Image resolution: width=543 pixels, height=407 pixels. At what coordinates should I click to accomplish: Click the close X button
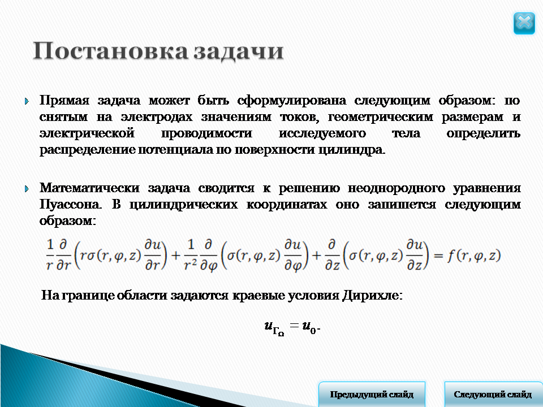tap(524, 23)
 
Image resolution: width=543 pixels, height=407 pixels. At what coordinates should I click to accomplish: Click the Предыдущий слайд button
tap(372, 394)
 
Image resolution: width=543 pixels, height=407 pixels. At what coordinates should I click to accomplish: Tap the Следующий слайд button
tap(493, 394)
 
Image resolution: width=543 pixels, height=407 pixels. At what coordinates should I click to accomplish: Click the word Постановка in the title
tap(110, 51)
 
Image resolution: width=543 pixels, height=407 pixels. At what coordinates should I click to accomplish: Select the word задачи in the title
tap(239, 51)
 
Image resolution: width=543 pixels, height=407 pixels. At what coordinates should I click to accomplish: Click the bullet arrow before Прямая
tap(27, 101)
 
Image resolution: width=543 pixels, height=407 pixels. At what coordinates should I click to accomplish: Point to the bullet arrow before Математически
tap(27, 189)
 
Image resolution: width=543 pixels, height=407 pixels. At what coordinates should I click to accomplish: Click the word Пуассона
tap(70, 204)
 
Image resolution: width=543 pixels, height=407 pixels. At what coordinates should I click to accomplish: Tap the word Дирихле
tap(372, 296)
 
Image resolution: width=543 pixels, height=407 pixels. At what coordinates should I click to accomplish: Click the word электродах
tap(157, 117)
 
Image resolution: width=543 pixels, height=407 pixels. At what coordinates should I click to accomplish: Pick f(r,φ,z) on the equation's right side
tap(474, 256)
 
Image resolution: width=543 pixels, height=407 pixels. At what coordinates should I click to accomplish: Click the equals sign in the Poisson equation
tap(438, 256)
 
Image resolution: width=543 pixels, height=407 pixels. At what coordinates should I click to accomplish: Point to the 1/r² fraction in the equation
tap(191, 255)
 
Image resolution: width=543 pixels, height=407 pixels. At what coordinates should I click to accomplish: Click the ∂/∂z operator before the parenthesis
tap(332, 255)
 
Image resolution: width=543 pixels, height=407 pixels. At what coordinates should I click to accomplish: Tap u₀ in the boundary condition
tap(309, 327)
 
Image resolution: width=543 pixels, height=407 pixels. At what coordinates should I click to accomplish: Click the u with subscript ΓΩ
tap(274, 328)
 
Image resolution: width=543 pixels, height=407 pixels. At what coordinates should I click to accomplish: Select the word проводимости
tap(206, 133)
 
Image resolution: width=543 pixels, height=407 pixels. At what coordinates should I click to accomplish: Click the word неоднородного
tap(396, 188)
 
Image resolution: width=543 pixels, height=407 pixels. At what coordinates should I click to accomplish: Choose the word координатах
tap(286, 204)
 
